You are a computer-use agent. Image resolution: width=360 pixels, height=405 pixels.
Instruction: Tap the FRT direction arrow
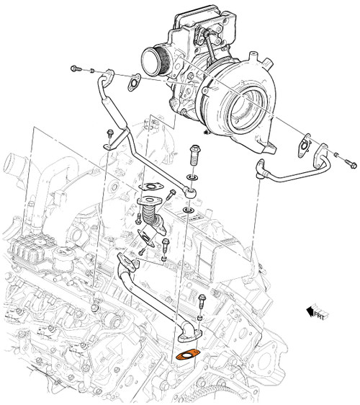(315, 311)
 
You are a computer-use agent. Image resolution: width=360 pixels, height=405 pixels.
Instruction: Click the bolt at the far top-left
(76, 68)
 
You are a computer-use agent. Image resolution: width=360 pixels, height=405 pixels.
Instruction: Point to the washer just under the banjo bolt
(194, 175)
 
